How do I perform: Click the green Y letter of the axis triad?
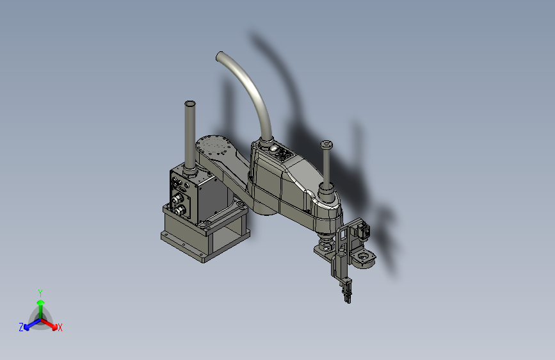40,292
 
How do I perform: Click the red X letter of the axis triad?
60,328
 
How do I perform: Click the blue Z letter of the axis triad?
21,327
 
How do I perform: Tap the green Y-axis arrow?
40,306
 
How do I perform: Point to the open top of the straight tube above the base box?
189,103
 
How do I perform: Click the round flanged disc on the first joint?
213,146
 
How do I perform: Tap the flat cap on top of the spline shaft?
326,145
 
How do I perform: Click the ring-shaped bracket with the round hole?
364,258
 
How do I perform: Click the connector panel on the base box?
181,195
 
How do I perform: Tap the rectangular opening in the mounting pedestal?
227,240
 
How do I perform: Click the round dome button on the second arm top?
273,150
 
